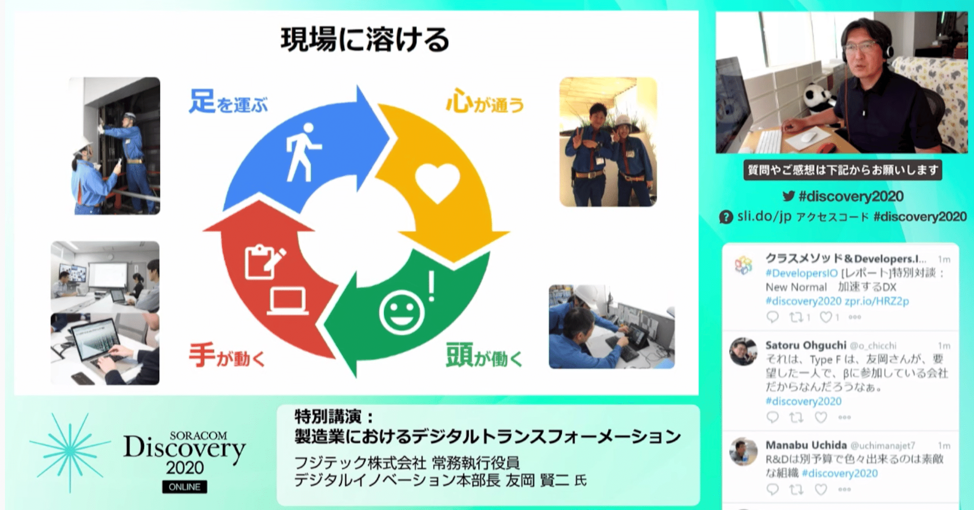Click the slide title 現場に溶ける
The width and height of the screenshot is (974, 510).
tap(365, 39)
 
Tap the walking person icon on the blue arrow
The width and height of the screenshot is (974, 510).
tap(303, 152)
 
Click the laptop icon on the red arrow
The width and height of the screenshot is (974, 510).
tap(288, 301)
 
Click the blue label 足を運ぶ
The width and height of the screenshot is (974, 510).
tap(228, 102)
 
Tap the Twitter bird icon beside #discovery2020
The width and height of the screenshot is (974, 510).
tap(789, 196)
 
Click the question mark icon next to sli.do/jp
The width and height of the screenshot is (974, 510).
tap(726, 217)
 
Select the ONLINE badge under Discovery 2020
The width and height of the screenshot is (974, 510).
tap(185, 487)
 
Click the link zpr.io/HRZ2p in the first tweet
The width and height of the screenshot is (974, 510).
tap(876, 301)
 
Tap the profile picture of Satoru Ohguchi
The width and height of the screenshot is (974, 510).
tap(743, 352)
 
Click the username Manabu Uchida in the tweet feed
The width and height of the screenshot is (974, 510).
tap(806, 445)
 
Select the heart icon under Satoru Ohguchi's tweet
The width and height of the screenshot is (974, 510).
tap(821, 417)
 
